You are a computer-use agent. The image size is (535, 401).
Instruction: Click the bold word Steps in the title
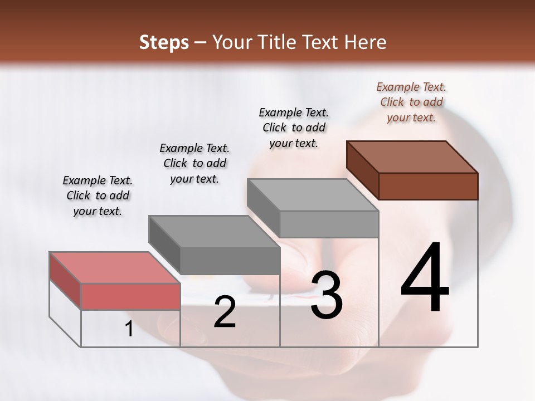coord(164,42)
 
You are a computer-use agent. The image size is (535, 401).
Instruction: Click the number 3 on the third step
coord(327,295)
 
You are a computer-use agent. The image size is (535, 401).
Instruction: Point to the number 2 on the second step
coord(225,312)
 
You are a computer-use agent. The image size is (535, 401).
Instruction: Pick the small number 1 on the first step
coord(129,329)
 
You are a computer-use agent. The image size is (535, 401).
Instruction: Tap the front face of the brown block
coord(428,186)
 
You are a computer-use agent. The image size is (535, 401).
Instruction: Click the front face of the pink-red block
coord(130,296)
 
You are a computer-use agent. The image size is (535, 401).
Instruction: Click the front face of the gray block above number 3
coord(329,224)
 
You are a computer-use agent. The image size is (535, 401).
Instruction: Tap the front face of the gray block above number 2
coord(230,261)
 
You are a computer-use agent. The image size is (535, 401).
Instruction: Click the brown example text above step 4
coord(411,102)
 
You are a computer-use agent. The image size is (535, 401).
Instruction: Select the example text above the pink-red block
coord(98,195)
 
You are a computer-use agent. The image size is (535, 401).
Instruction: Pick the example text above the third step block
coord(294,128)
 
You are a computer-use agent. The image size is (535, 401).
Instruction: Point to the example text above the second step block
coord(194,163)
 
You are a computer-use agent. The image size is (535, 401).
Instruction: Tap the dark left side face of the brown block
coord(363,169)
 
